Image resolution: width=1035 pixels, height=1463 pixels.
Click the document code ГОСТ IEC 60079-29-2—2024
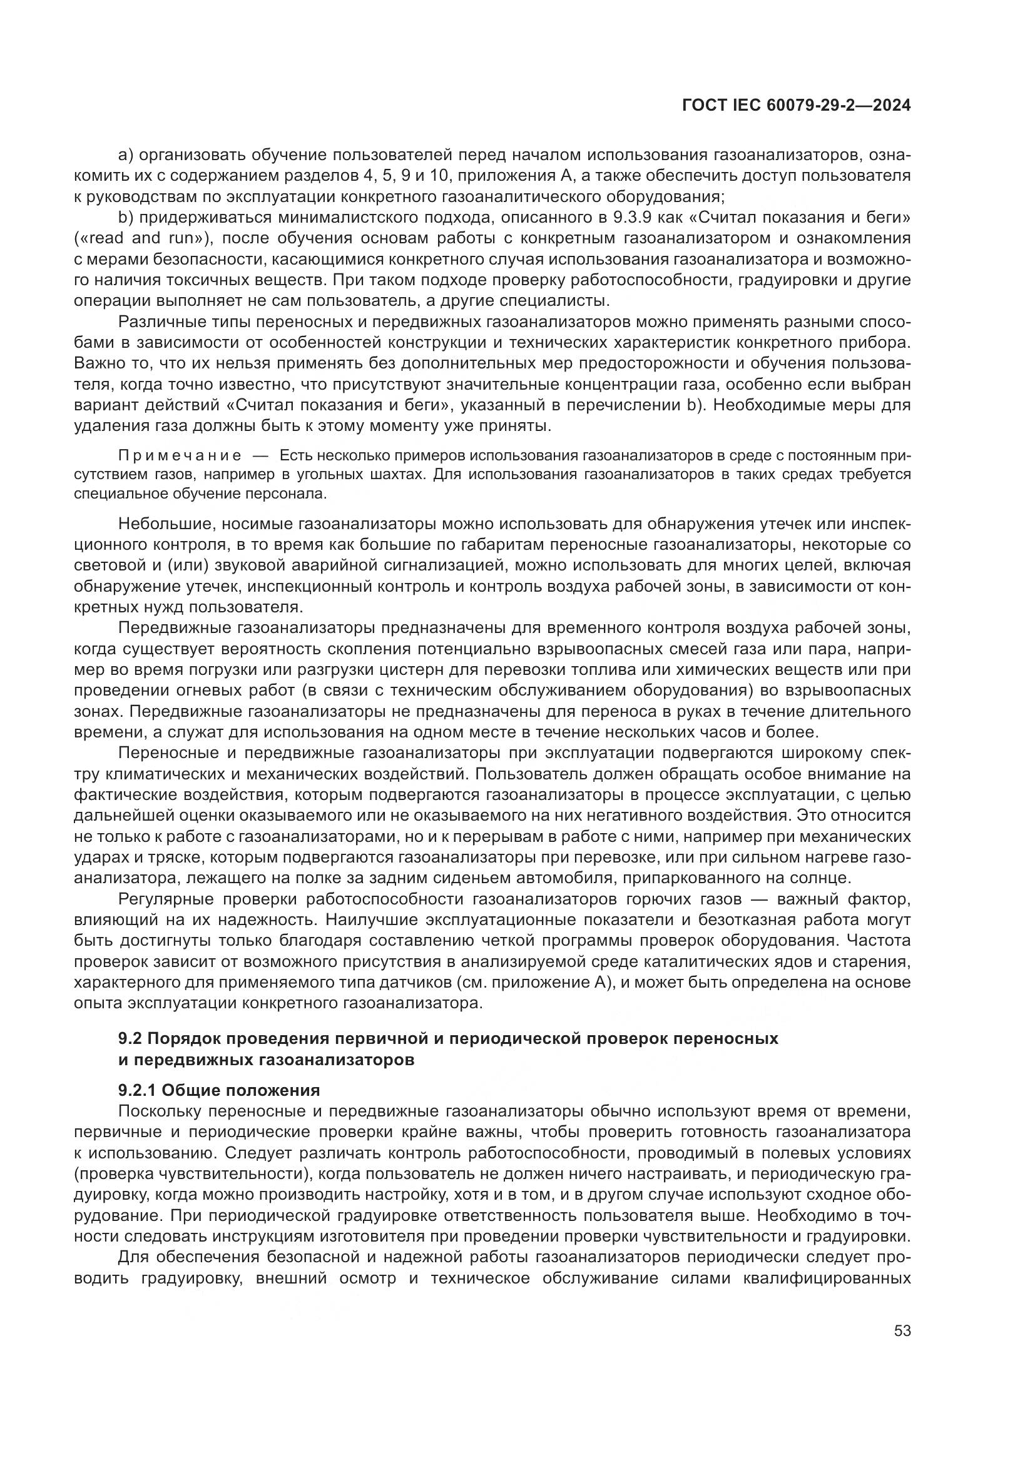[796, 106]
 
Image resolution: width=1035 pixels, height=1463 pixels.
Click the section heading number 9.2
[131, 1039]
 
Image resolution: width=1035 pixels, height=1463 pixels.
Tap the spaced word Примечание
[180, 455]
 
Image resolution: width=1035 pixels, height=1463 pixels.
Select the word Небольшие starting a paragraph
[160, 524]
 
